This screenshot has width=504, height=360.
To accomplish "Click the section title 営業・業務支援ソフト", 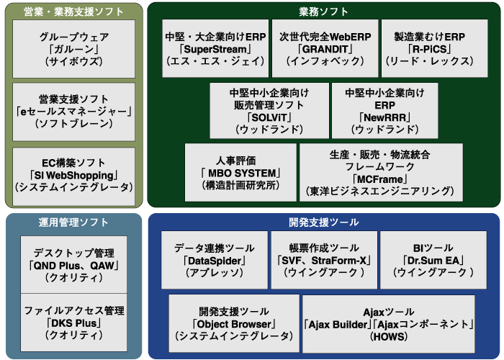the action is point(73,12).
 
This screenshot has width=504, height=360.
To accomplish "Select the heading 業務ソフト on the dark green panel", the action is point(323,12).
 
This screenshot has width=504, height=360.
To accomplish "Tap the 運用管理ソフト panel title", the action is point(73,222).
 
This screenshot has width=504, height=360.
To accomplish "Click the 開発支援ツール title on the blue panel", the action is point(323,222).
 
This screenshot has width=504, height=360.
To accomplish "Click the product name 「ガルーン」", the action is point(73,49).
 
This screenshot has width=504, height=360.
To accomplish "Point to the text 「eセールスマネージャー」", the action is point(73,111).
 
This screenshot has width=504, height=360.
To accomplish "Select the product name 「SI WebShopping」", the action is point(73,175).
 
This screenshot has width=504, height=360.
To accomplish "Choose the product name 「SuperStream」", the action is point(215,49).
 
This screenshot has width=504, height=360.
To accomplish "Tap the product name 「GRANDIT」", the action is point(325,49).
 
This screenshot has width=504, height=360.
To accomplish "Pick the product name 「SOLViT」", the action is point(269,117).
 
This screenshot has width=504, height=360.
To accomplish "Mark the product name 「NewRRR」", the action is point(384,117).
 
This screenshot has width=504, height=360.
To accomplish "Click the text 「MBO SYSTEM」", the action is point(240,174).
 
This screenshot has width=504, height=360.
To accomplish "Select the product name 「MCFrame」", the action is point(380,179).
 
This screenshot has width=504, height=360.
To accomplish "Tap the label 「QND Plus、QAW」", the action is point(73,266).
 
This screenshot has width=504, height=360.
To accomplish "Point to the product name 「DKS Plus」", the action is point(73,323).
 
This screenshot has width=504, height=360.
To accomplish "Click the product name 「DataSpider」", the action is point(215,261).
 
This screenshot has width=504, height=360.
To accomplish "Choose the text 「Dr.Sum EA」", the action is point(433,261).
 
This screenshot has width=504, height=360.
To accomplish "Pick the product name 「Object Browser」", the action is point(234,324).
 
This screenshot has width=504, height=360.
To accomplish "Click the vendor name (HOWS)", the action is point(388,336).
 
